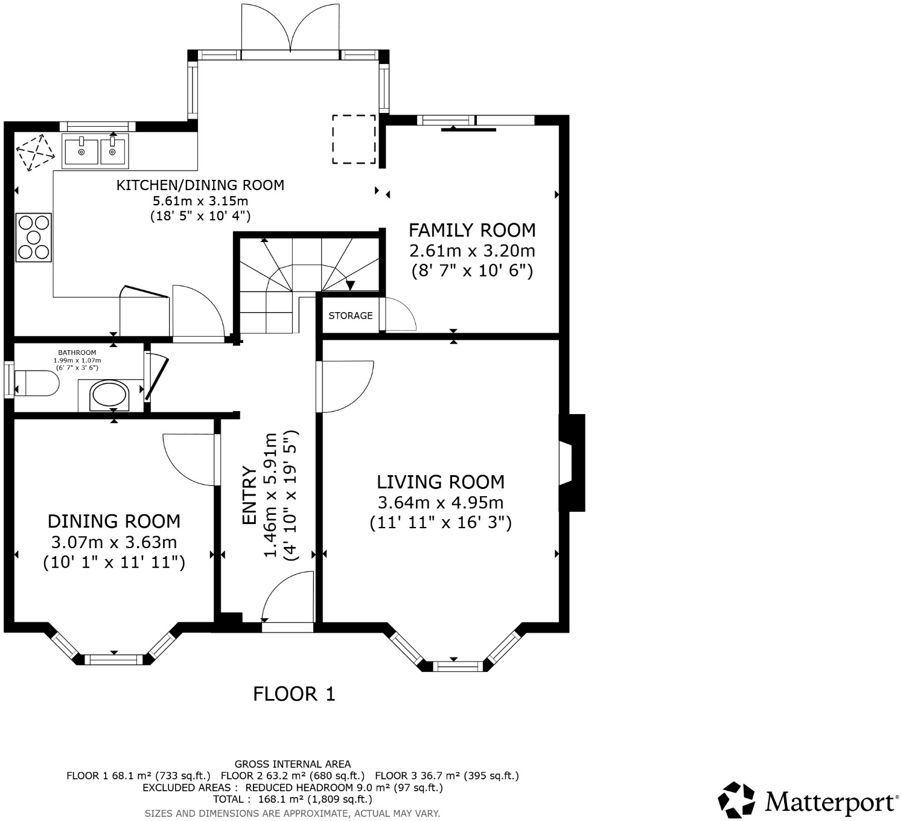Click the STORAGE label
pyautogui.click(x=350, y=316)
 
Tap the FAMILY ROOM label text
pyautogui.click(x=472, y=230)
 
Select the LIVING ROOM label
pyautogui.click(x=441, y=482)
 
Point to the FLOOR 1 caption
pyautogui.click(x=294, y=694)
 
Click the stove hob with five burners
pyautogui.click(x=34, y=237)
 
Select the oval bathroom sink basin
pyautogui.click(x=109, y=396)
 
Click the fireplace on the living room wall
pyautogui.click(x=570, y=463)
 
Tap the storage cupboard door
pyautogui.click(x=398, y=314)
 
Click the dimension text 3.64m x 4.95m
pyautogui.click(x=441, y=502)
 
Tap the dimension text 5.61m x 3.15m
pyautogui.click(x=200, y=201)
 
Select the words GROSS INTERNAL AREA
pyautogui.click(x=293, y=764)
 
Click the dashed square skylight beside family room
pyautogui.click(x=354, y=139)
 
